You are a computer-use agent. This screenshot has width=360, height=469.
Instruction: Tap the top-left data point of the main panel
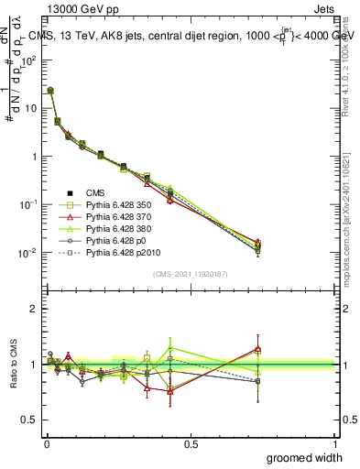point(50,91)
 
